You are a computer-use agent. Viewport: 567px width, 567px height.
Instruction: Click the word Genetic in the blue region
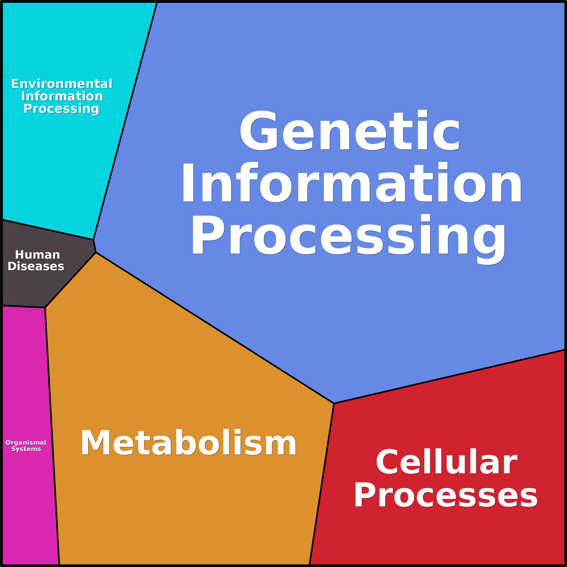[349, 131]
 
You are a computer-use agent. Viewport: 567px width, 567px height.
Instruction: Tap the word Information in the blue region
[352, 183]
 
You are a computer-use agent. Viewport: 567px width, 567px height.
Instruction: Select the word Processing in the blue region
[349, 235]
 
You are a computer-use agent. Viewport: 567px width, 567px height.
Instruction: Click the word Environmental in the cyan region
[62, 84]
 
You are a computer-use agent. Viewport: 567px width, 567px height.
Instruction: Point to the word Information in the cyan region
[62, 96]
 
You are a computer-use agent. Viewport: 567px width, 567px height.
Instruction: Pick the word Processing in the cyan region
[61, 109]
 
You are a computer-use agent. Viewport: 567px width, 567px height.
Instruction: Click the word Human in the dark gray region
[37, 255]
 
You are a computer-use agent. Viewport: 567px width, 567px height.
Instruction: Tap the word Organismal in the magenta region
[26, 443]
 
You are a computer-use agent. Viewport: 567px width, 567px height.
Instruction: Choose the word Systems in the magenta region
[26, 449]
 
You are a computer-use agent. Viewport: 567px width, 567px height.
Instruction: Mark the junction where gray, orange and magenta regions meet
[45, 308]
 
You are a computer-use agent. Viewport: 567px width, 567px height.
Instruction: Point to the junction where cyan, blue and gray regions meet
[93, 239]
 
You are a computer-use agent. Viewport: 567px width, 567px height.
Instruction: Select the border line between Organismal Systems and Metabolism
[52, 434]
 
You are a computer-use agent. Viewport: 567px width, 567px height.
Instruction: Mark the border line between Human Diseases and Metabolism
[70, 280]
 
